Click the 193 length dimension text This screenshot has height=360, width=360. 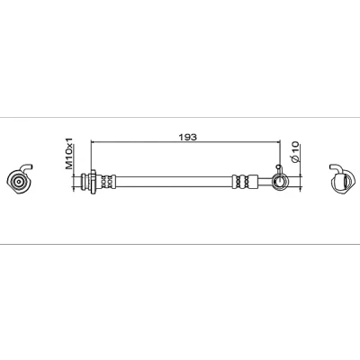point(187,137)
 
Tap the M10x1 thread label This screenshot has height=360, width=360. point(69,153)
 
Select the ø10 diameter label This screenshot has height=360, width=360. point(295,152)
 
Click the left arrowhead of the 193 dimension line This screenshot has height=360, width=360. point(93,140)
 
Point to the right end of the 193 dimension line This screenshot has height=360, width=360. point(280,140)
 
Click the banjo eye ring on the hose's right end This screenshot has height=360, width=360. point(280,182)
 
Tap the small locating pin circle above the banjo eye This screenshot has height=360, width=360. point(279,166)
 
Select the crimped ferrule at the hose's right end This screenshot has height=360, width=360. point(245,182)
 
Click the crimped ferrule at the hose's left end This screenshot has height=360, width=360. point(106,182)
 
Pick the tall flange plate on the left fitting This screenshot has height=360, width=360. point(93,181)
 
